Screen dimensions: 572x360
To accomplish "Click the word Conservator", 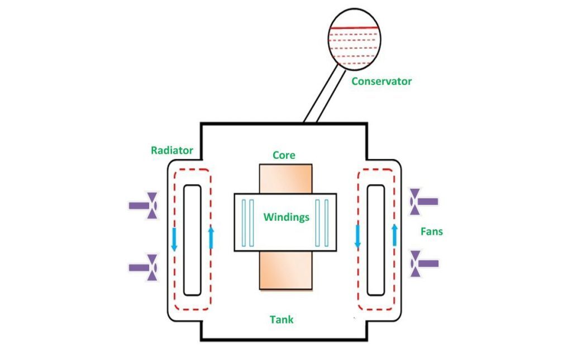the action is pyautogui.click(x=382, y=81).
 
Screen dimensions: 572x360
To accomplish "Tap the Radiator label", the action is pyautogui.click(x=172, y=150).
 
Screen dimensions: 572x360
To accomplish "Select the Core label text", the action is pyautogui.click(x=284, y=155).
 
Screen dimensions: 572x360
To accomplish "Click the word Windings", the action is pyautogui.click(x=287, y=217).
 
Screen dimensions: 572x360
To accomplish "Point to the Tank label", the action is pyautogui.click(x=282, y=320).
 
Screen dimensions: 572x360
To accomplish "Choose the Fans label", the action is pyautogui.click(x=432, y=231).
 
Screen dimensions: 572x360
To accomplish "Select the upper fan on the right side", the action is pyautogui.click(x=423, y=202).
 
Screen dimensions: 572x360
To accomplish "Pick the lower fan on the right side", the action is pyautogui.click(x=424, y=264).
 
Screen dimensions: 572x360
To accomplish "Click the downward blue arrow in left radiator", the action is pyautogui.click(x=174, y=239).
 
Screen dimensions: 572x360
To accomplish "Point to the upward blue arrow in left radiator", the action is pyautogui.click(x=211, y=238).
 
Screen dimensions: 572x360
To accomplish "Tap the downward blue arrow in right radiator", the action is pyautogui.click(x=357, y=236).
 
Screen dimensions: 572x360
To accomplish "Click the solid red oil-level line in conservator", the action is pyautogui.click(x=354, y=28).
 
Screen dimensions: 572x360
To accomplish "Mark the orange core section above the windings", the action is pyautogui.click(x=285, y=178).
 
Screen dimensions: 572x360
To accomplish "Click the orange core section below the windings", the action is pyautogui.click(x=285, y=270).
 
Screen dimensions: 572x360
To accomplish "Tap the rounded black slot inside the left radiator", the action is pyautogui.click(x=192, y=240).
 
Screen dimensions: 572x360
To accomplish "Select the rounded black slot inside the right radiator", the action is pyautogui.click(x=376, y=240).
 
